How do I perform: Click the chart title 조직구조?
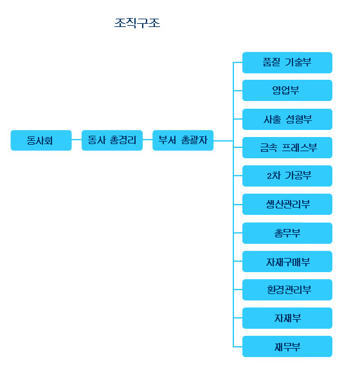[x=137, y=23]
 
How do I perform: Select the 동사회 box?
[x=41, y=140]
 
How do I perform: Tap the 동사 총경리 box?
[x=112, y=140]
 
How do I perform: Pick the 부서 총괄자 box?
[x=183, y=140]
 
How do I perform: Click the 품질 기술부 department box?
[x=287, y=62]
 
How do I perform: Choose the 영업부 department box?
[x=287, y=90]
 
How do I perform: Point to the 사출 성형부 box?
[x=287, y=119]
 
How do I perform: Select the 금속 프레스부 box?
[x=287, y=147]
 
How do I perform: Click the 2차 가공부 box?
[x=287, y=176]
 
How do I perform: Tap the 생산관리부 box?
[x=287, y=204]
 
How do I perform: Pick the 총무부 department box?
[x=287, y=233]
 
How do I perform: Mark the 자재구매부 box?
[x=287, y=261]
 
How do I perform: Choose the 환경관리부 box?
[x=287, y=289]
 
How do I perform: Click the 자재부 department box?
[x=287, y=318]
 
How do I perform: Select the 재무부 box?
[x=287, y=346]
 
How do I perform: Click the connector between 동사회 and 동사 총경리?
[x=76, y=140]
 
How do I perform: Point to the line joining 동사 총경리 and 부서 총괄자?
[x=148, y=140]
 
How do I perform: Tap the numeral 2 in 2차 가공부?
[x=269, y=176]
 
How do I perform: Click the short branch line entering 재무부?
[x=238, y=347]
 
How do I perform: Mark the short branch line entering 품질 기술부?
[x=238, y=62]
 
